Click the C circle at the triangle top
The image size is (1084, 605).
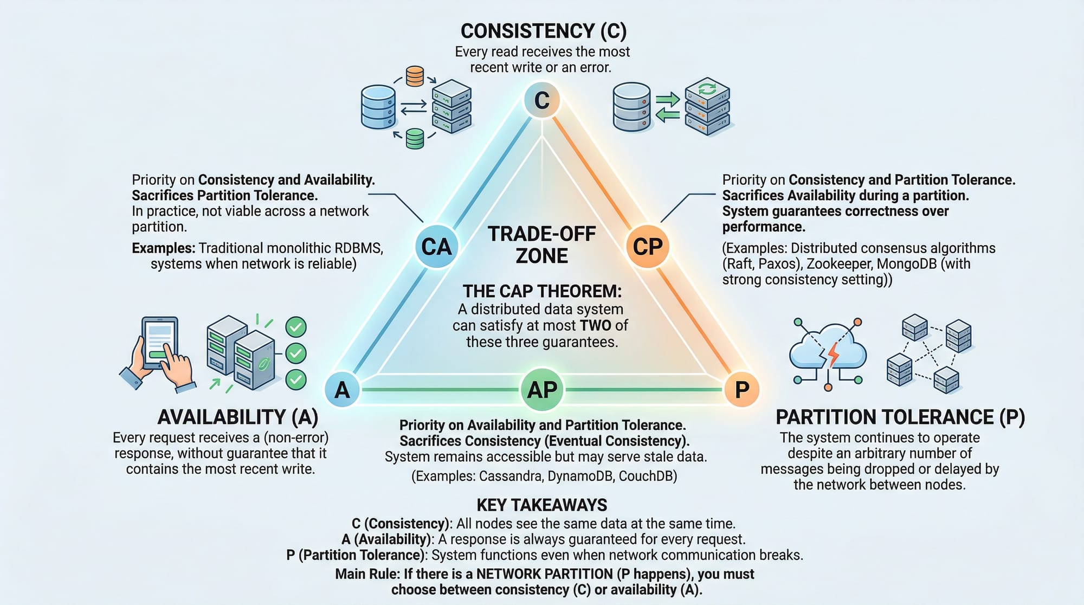pos(541,100)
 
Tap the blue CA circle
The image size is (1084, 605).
pos(436,247)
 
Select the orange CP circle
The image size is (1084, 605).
pos(648,247)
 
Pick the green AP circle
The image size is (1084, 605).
pos(542,390)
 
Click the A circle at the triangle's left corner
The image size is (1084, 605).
pos(342,390)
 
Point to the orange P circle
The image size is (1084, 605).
pos(741,390)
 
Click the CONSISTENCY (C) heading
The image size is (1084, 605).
pos(543,31)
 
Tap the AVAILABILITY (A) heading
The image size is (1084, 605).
pos(237,417)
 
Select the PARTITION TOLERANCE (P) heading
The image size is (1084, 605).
pos(900,417)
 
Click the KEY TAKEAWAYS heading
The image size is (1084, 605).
pos(541,505)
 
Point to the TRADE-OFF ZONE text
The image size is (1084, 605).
pos(541,244)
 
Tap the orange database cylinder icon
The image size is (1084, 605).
pos(415,76)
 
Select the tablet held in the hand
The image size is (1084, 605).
pos(159,342)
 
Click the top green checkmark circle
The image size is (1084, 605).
pos(296,327)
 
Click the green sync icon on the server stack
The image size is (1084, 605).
pos(707,88)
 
